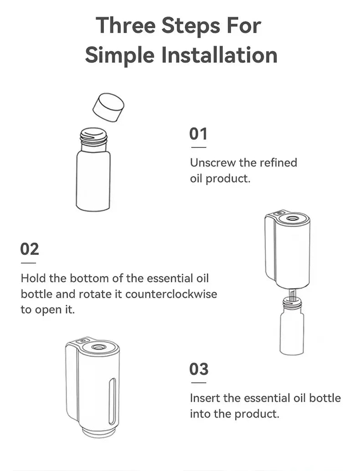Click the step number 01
198,134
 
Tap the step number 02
30,249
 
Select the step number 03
199,369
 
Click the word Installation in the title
220,55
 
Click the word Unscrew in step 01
211,163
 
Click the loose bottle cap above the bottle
108,107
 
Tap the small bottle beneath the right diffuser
291,331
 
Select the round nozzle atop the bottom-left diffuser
98,347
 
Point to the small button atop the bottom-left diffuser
81,341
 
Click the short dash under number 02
28,263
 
